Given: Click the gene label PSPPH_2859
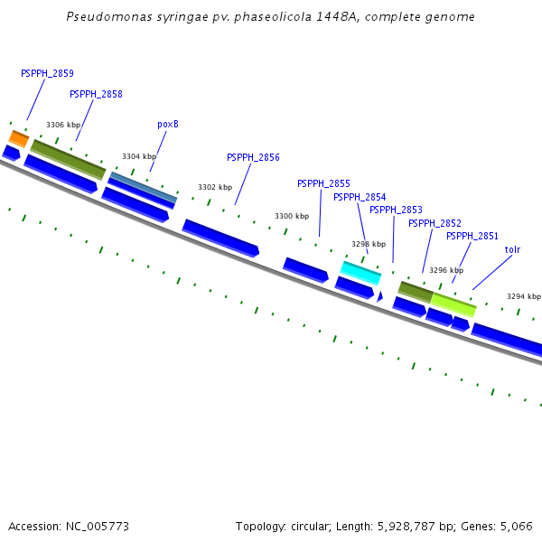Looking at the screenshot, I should coord(47,73).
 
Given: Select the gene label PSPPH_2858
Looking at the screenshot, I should coord(96,94).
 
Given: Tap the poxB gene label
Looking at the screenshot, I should coord(168,125).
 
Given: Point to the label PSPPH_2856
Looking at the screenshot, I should coord(253,157).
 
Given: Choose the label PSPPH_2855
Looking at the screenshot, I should coord(323,183).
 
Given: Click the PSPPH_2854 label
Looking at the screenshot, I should coord(360,197).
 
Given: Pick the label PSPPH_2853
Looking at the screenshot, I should coord(396,210).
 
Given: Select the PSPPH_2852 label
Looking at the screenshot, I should coord(435,223).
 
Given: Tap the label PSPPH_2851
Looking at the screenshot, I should coord(472,236).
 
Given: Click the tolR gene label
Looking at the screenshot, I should coord(512,249).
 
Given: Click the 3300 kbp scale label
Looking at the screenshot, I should coord(292,217).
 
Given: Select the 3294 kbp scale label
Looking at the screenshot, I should coord(523,296).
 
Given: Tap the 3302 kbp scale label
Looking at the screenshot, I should coord(215,187).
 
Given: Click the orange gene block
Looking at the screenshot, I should coord(19,138).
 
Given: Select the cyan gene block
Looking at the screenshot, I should coord(360,272).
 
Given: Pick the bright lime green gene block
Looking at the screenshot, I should coord(453,304).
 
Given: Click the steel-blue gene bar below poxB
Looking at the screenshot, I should coord(143,187).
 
